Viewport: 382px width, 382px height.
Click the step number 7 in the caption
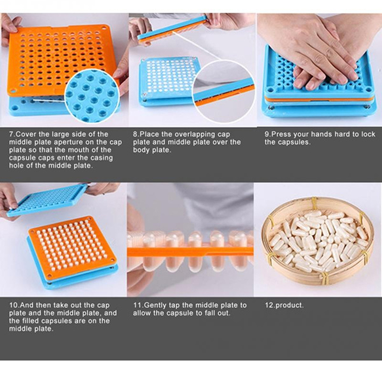[11, 134]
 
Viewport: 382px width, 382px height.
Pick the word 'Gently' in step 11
[156, 306]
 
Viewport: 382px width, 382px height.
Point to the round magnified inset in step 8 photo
[223, 91]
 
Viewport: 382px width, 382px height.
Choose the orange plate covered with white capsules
[72, 247]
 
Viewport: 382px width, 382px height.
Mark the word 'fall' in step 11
[210, 313]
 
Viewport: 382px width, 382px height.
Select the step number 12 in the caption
[269, 306]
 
